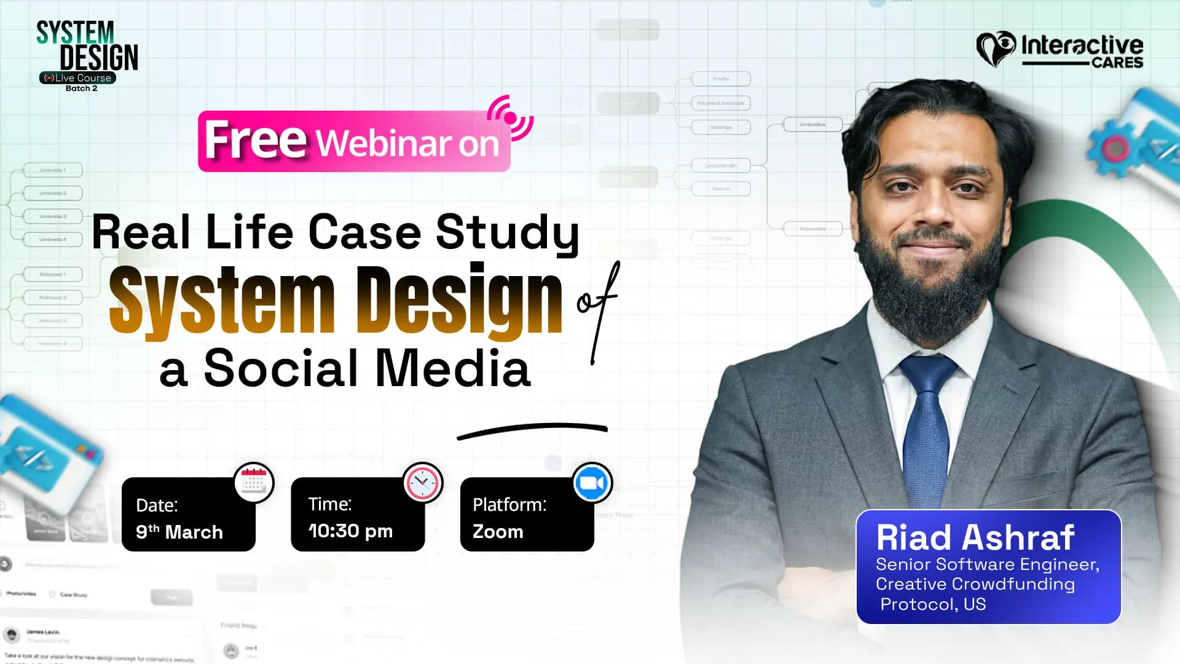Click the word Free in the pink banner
pos(255,140)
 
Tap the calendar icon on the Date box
pos(254,482)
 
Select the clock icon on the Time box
pos(423,483)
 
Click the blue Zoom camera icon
pos(592,483)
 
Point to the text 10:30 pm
pos(350,531)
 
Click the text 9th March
pos(179,532)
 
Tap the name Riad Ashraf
pos(975,538)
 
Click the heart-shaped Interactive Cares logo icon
pos(996,48)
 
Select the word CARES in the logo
pos(1117,63)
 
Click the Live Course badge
pos(78,78)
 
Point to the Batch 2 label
pos(81,89)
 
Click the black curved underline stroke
pos(532,429)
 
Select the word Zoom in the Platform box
pos(498,532)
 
